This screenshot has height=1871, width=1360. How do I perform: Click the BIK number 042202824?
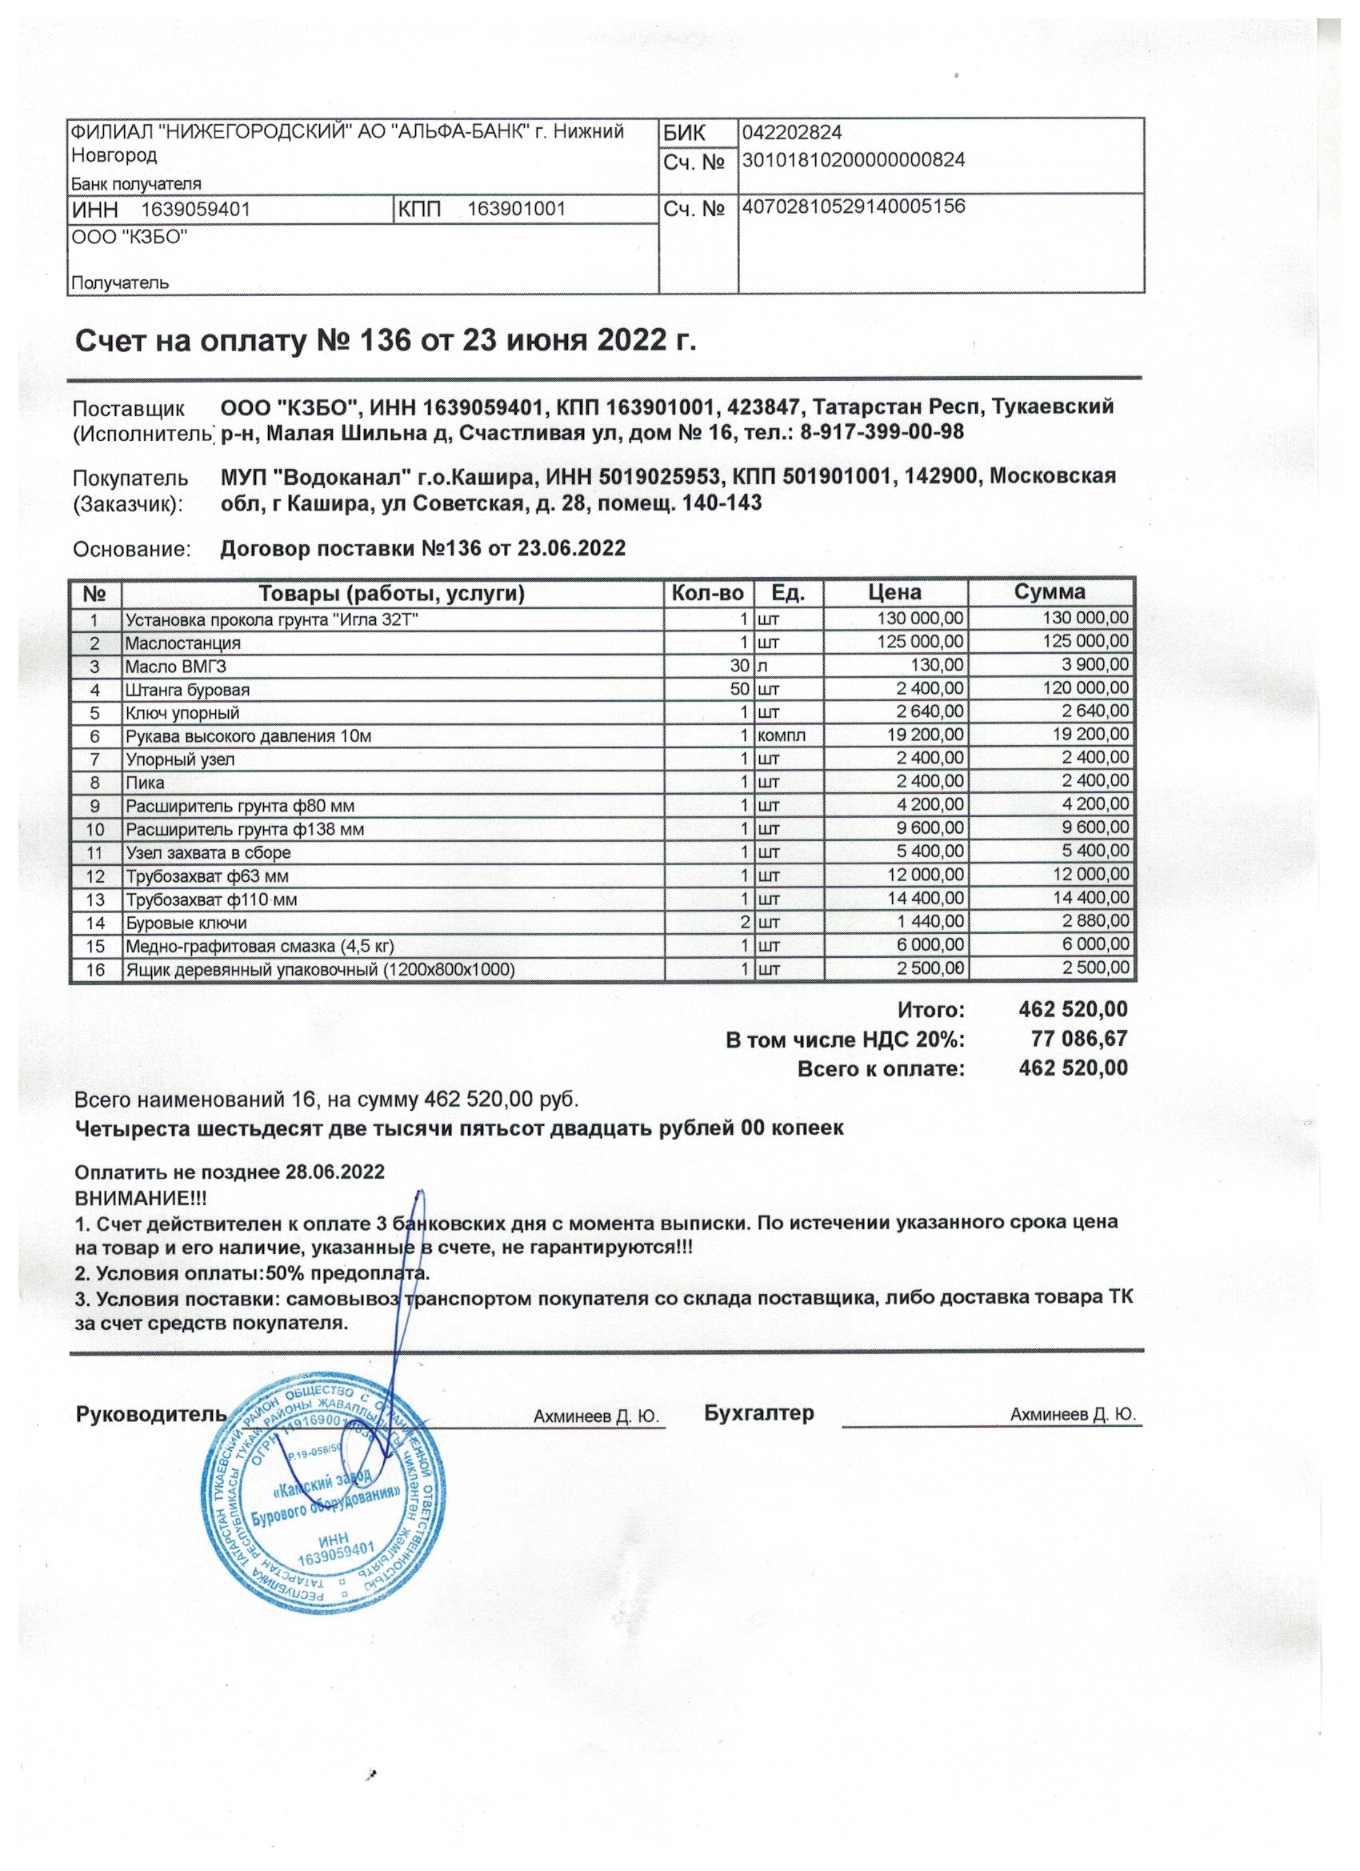pyautogui.click(x=791, y=132)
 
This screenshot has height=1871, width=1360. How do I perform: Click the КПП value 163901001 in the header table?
pyautogui.click(x=516, y=210)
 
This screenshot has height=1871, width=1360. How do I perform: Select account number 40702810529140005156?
pyautogui.click(x=854, y=206)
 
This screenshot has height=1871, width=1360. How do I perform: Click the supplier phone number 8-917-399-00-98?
pyautogui.click(x=882, y=431)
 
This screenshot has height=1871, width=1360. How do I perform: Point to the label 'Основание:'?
pyautogui.click(x=131, y=549)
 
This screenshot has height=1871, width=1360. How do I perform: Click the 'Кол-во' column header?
pyautogui.click(x=707, y=592)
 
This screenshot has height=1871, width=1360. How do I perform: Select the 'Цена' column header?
pyautogui.click(x=895, y=592)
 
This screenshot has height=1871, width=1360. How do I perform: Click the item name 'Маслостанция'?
pyautogui.click(x=182, y=643)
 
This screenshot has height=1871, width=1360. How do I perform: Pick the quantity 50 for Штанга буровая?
pyautogui.click(x=740, y=689)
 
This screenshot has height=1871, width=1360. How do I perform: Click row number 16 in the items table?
pyautogui.click(x=96, y=969)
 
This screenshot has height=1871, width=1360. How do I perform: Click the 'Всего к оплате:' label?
pyautogui.click(x=880, y=1069)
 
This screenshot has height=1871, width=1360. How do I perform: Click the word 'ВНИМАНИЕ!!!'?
pyautogui.click(x=141, y=1197)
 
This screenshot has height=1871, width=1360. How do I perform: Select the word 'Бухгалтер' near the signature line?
pyautogui.click(x=758, y=1413)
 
